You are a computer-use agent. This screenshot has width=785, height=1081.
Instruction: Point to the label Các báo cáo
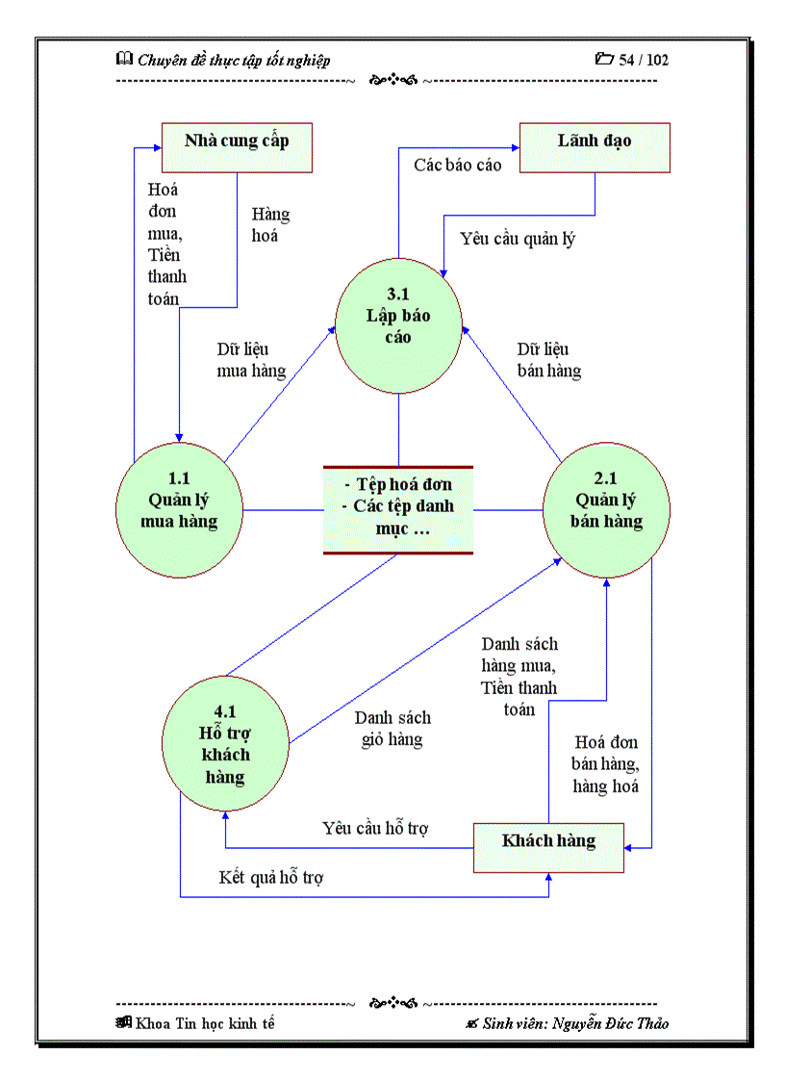click(x=458, y=166)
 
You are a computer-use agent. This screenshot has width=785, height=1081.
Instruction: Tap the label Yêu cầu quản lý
click(x=518, y=239)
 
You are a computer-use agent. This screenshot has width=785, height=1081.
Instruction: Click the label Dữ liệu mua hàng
click(x=251, y=360)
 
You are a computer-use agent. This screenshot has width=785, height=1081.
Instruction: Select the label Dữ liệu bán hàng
click(x=548, y=359)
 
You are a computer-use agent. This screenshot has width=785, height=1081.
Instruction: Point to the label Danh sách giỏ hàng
click(x=392, y=729)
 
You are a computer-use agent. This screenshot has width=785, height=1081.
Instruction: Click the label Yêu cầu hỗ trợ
click(x=375, y=828)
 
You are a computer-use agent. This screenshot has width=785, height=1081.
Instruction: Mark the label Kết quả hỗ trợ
click(x=271, y=878)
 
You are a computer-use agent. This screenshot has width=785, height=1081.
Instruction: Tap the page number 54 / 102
click(x=644, y=60)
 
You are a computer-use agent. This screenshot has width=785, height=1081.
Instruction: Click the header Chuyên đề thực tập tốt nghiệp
click(x=234, y=60)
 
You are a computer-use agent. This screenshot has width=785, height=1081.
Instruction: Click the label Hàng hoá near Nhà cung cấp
click(x=270, y=224)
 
